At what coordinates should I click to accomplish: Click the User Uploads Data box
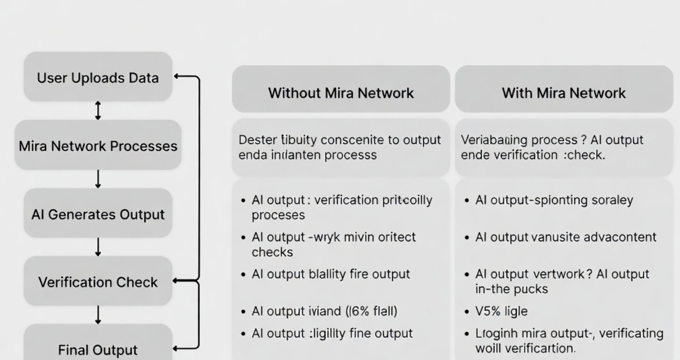(98, 77)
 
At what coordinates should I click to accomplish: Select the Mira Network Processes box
(98, 146)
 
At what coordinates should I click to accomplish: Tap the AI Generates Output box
(98, 214)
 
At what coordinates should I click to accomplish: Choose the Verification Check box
(98, 282)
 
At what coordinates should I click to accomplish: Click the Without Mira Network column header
(341, 92)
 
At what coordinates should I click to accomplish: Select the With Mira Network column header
(563, 92)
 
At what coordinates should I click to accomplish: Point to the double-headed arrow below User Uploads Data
(98, 111)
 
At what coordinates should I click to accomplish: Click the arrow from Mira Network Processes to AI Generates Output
(98, 179)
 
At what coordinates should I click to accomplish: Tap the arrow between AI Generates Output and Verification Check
(98, 247)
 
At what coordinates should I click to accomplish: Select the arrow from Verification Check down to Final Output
(98, 314)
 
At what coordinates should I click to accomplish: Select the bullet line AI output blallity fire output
(331, 274)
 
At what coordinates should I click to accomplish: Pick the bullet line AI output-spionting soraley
(554, 200)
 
